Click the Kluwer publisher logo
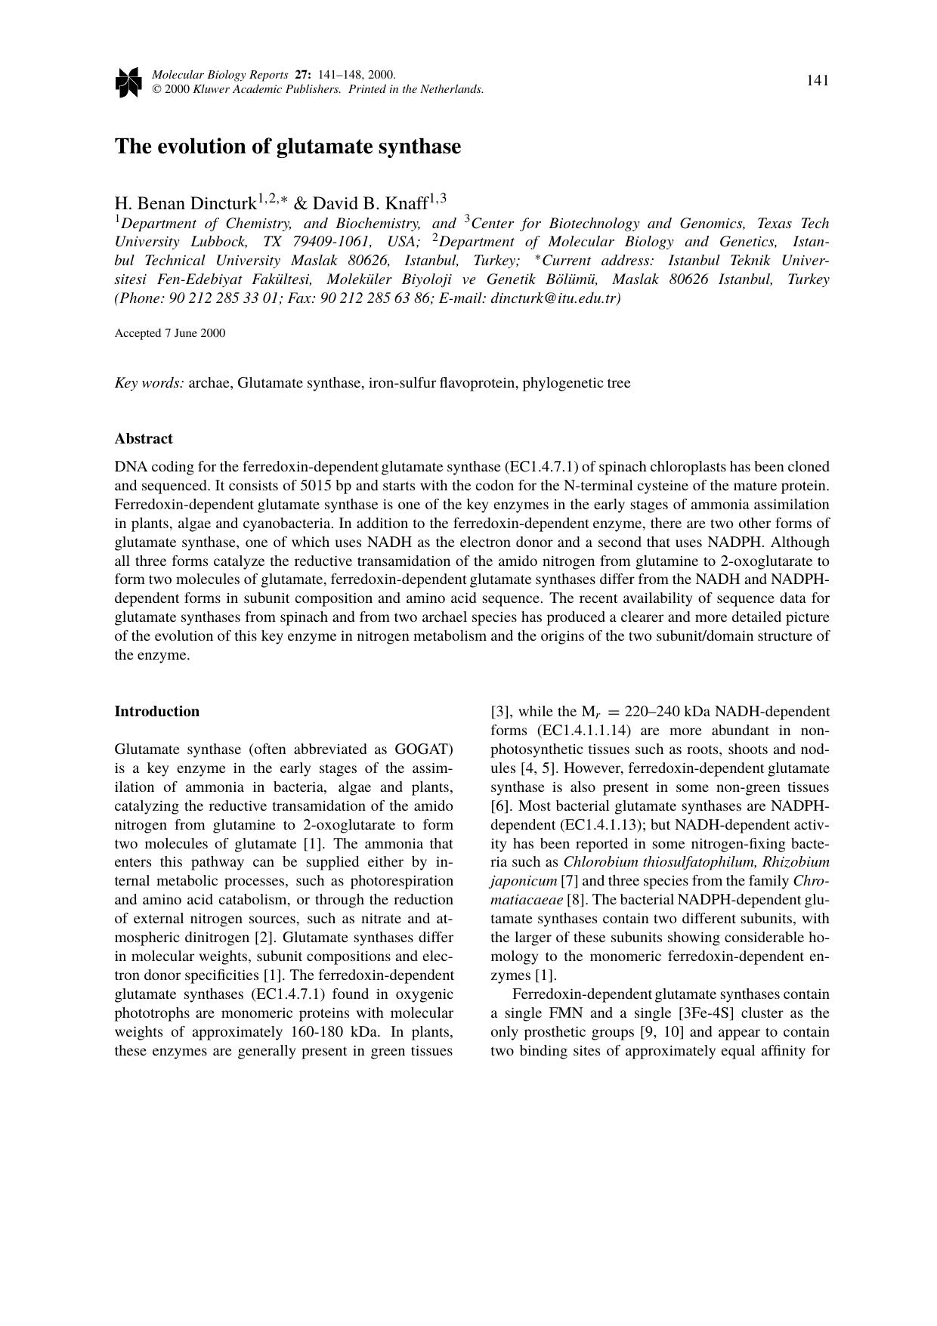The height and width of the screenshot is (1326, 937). pos(128,82)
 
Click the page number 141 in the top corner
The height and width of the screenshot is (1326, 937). pos(818,81)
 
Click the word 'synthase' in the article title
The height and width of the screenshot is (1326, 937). pos(420,147)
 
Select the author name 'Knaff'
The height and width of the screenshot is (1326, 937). pos(409,203)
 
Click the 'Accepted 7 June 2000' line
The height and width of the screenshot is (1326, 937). pos(170,333)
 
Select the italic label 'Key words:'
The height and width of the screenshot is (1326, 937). pos(150,383)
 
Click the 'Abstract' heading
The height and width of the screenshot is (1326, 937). pos(144,439)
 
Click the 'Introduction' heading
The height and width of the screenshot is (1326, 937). pos(157,712)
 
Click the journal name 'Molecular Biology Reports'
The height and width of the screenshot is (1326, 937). pos(220,75)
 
